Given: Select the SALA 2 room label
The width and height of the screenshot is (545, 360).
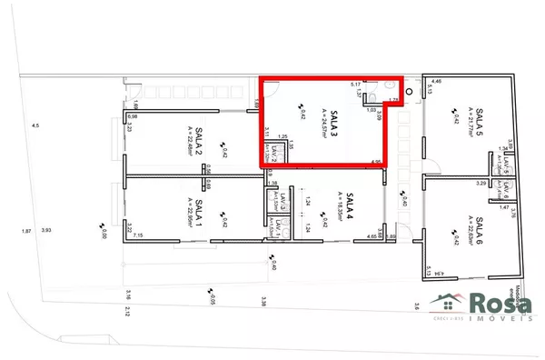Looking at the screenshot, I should (199, 129).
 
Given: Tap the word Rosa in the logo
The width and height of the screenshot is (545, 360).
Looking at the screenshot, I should (500, 302).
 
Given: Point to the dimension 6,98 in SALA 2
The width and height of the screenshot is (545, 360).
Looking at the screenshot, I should (133, 116).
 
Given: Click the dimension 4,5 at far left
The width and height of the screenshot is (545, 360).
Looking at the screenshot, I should (35, 125).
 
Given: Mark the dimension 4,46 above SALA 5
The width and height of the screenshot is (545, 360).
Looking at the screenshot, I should (436, 82).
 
